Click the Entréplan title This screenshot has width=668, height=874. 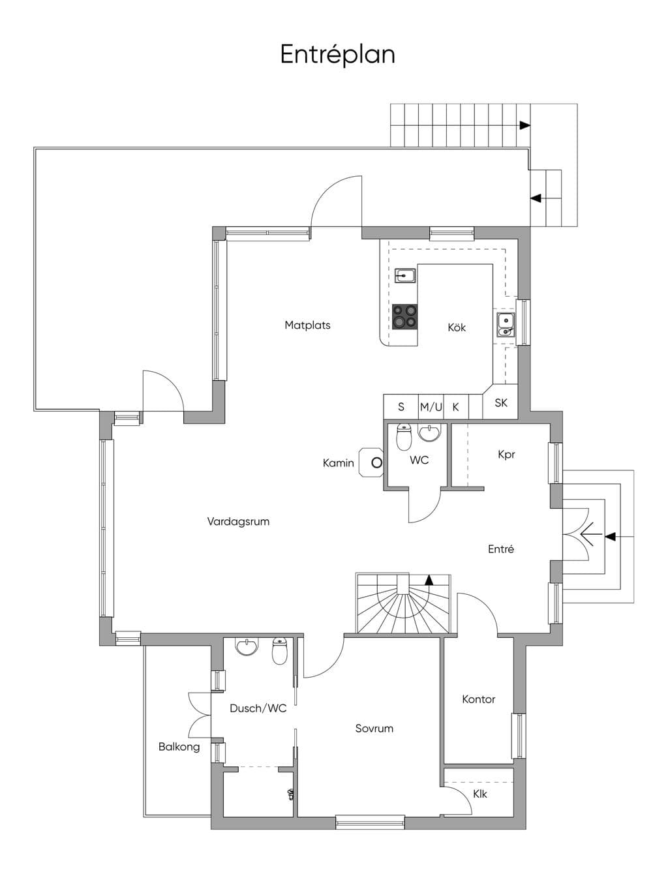pyautogui.click(x=337, y=55)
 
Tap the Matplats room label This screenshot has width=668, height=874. pyautogui.click(x=307, y=325)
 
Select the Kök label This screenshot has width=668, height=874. pyautogui.click(x=457, y=327)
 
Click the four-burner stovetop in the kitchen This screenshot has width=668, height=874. pyautogui.click(x=405, y=316)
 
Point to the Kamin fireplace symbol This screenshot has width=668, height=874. pyautogui.click(x=371, y=462)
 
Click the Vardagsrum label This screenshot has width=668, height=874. pyautogui.click(x=238, y=521)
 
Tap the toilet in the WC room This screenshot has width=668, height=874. pyautogui.click(x=404, y=437)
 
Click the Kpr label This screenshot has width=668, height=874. pyautogui.click(x=506, y=455)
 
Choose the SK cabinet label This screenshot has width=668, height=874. pyautogui.click(x=501, y=402)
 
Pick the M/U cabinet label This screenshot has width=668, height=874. pyautogui.click(x=431, y=407)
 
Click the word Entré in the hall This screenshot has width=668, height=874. pyautogui.click(x=501, y=549)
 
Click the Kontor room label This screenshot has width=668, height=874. pyautogui.click(x=479, y=699)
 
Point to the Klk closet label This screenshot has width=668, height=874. pyautogui.click(x=480, y=794)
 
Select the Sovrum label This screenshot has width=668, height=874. pyautogui.click(x=374, y=729)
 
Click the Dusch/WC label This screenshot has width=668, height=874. pyautogui.click(x=258, y=708)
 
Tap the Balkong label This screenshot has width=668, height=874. pyautogui.click(x=179, y=747)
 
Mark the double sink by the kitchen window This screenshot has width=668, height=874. pyautogui.click(x=506, y=325)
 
